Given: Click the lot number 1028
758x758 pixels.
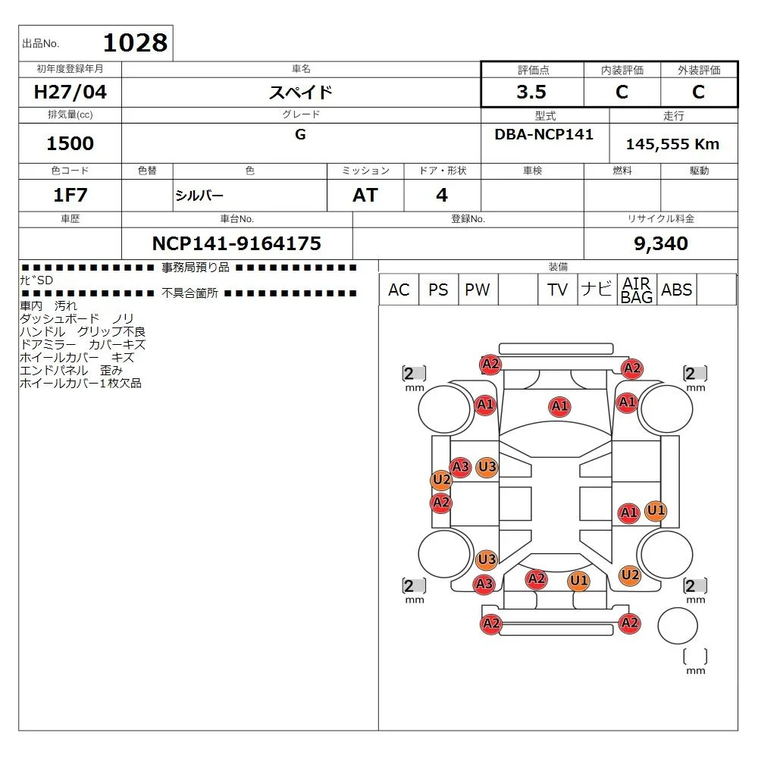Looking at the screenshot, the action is tap(136, 43).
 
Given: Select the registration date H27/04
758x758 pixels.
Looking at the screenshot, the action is tap(70, 92).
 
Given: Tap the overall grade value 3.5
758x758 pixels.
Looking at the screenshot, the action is tap(531, 92).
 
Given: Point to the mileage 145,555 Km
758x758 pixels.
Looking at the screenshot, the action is tap(672, 144).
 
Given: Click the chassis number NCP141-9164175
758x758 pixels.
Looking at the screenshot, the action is tap(236, 243).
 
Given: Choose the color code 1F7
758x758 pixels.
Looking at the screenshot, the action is tap(70, 196).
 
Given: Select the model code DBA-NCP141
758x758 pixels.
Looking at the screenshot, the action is tap(543, 134).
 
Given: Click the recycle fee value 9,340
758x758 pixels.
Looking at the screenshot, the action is tap(661, 243).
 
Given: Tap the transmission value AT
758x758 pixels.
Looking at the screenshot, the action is tap(365, 196).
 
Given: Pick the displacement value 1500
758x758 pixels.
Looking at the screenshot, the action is tap(70, 143).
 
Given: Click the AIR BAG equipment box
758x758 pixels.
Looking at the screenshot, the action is tap(637, 290).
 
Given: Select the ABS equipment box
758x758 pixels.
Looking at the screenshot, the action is tap(676, 290).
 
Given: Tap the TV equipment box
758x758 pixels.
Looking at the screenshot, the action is tap(557, 290).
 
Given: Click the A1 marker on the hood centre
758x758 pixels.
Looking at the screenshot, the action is tap(560, 406).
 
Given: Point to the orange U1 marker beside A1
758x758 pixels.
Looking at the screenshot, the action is tap(656, 510).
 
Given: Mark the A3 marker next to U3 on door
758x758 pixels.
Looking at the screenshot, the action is tap(460, 468).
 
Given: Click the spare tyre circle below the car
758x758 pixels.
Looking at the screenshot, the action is tap(677, 625).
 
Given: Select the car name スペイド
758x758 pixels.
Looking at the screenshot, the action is tap(301, 92).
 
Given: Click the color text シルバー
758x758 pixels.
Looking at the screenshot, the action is tap(199, 196).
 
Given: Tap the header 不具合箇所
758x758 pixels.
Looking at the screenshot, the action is tap(190, 293).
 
